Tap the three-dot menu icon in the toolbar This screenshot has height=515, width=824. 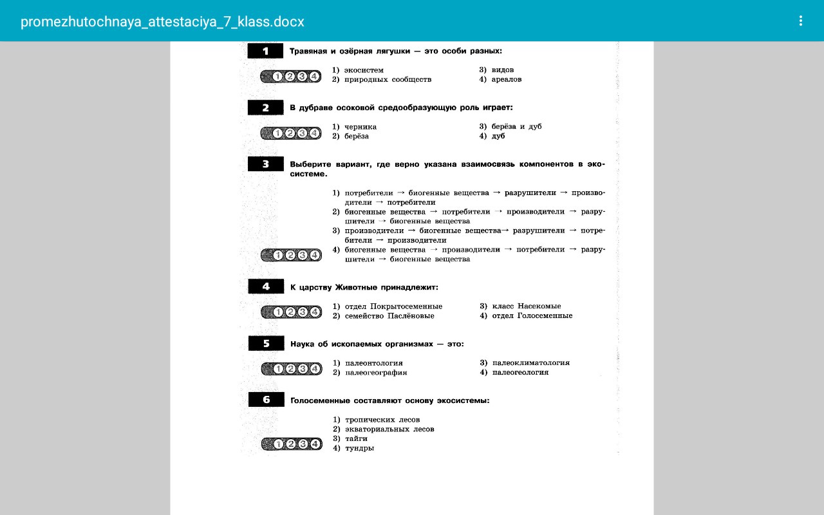801,21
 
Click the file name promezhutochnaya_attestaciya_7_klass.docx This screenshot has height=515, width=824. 162,22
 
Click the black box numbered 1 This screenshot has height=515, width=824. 265,51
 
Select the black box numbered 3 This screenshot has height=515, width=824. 265,164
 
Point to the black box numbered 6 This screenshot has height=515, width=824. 267,400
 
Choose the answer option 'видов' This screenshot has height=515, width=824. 502,70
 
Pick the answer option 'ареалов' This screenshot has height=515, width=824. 506,79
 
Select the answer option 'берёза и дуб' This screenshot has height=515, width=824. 516,127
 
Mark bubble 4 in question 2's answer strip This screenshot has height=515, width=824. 314,133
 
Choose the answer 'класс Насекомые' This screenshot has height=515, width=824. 526,306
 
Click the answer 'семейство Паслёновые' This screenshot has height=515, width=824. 389,316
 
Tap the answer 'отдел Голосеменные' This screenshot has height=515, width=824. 532,316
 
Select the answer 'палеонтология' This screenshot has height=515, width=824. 373,363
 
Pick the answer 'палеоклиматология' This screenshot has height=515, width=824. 530,363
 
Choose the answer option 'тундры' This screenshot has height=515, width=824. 359,448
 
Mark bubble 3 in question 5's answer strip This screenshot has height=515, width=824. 303,369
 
